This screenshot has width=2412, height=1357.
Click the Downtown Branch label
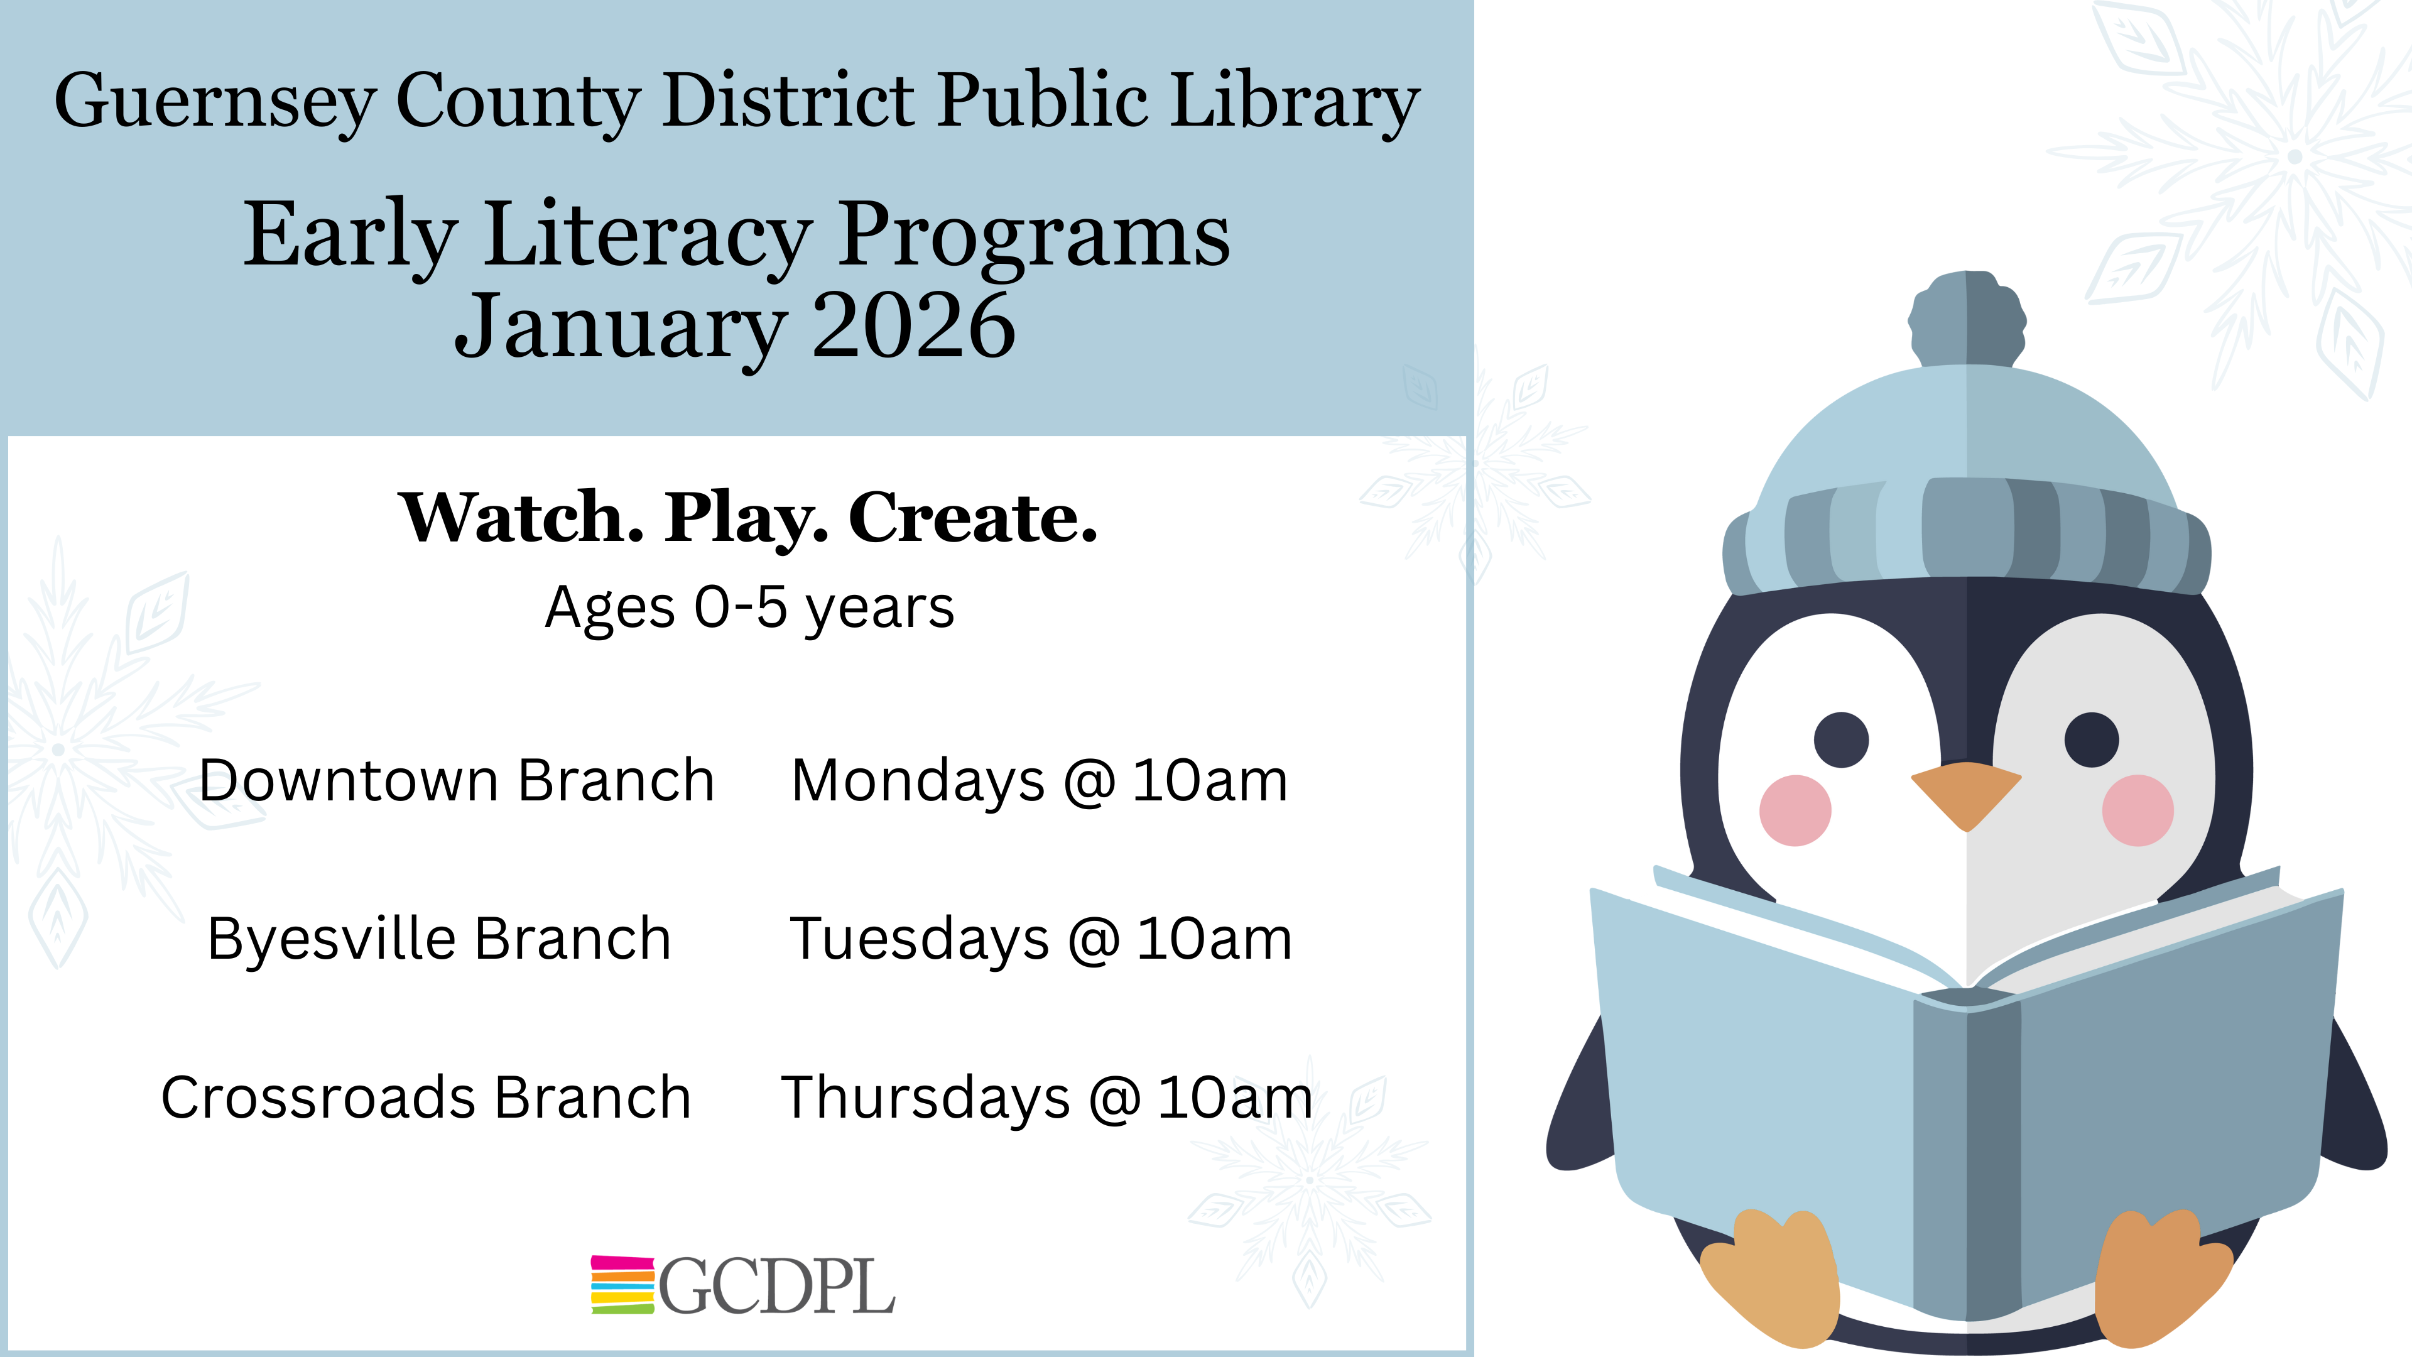coord(457,780)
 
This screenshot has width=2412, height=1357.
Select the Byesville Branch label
coord(439,939)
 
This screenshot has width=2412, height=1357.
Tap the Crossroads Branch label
coord(426,1098)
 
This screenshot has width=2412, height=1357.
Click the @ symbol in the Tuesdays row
coord(1093,940)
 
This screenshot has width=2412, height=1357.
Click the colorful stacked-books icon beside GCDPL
coord(622,1285)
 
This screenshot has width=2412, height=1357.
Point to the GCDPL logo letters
coord(777,1286)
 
